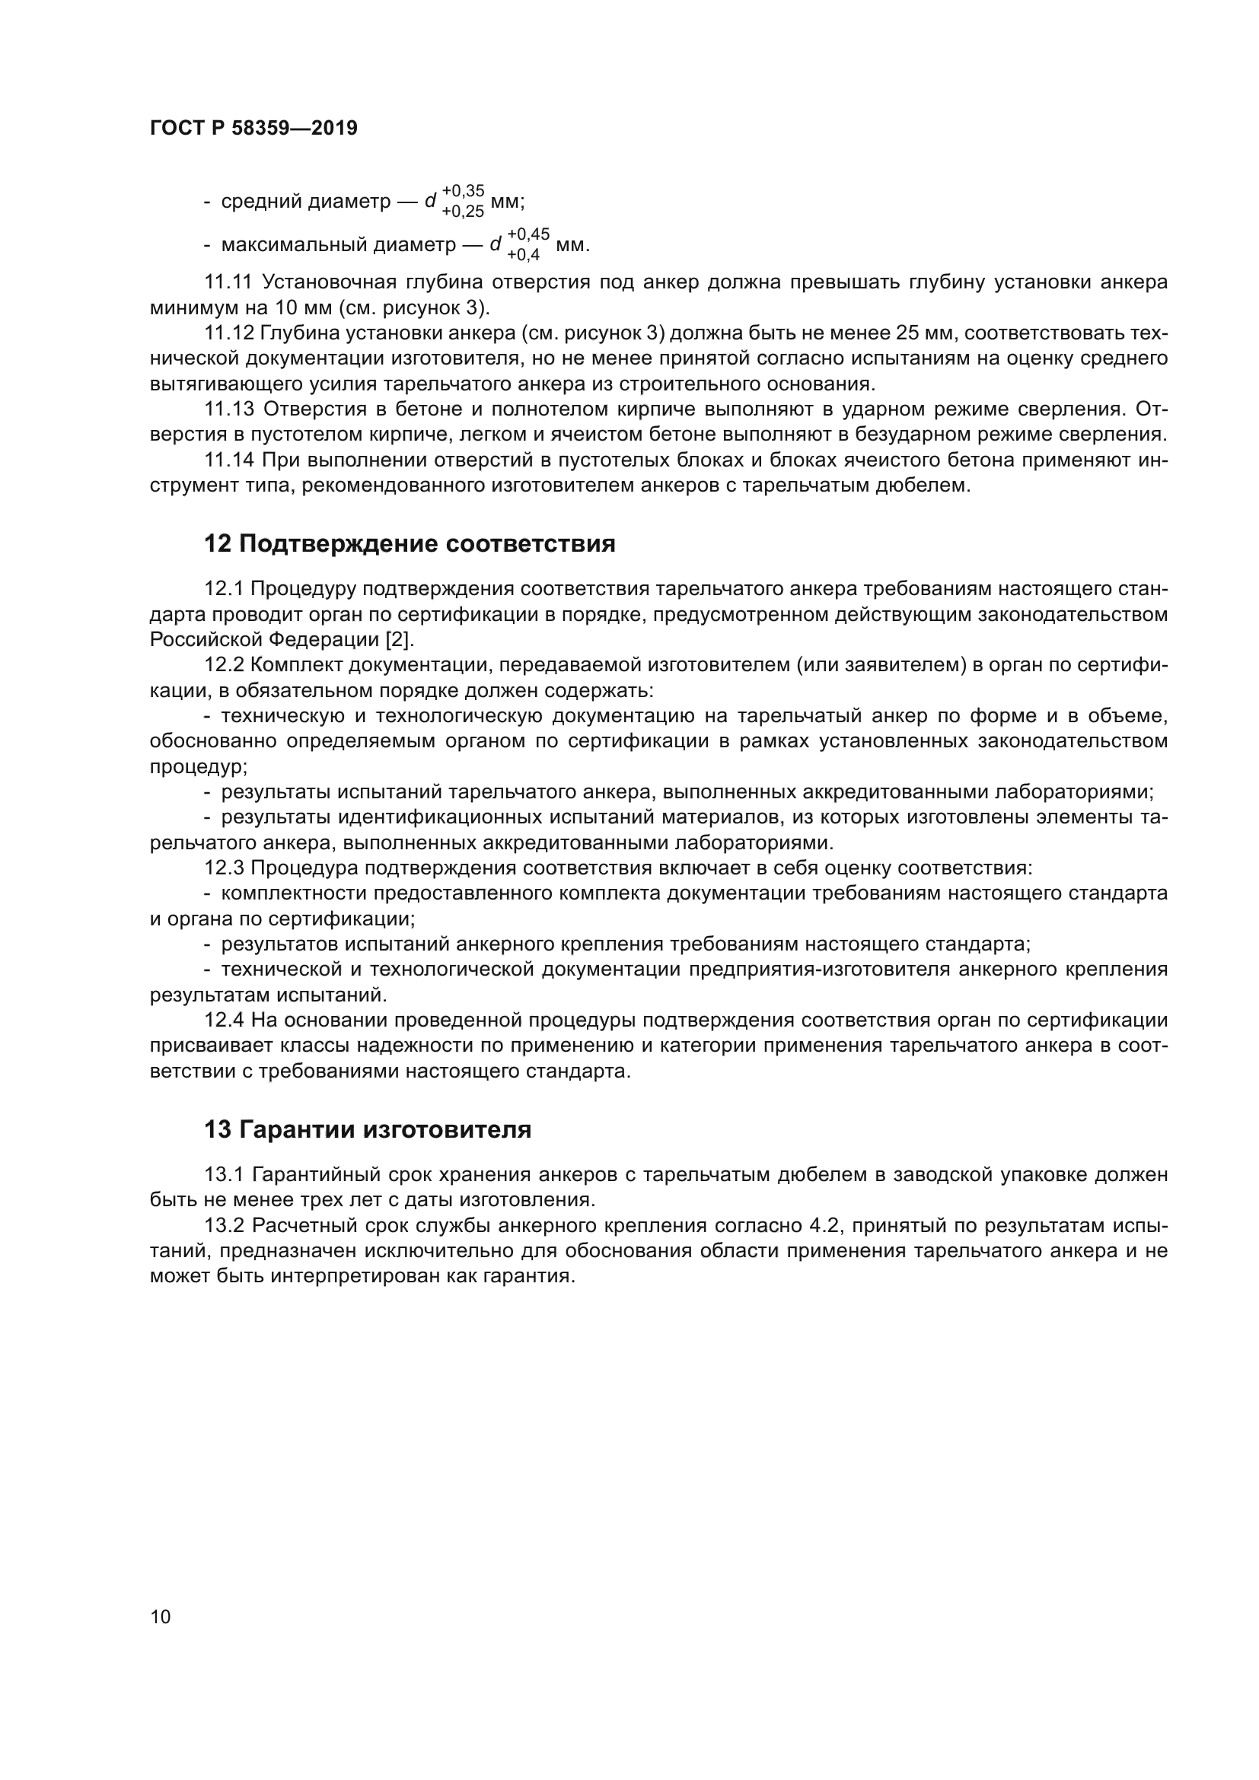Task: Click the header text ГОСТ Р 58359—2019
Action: (x=253, y=129)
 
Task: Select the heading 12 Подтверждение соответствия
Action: (x=410, y=544)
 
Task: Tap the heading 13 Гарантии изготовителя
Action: (x=368, y=1130)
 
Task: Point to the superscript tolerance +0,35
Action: (x=463, y=191)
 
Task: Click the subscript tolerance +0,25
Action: (x=463, y=212)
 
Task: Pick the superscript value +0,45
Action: (x=528, y=234)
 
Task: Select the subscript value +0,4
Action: (x=523, y=255)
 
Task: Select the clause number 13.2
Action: (x=224, y=1226)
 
